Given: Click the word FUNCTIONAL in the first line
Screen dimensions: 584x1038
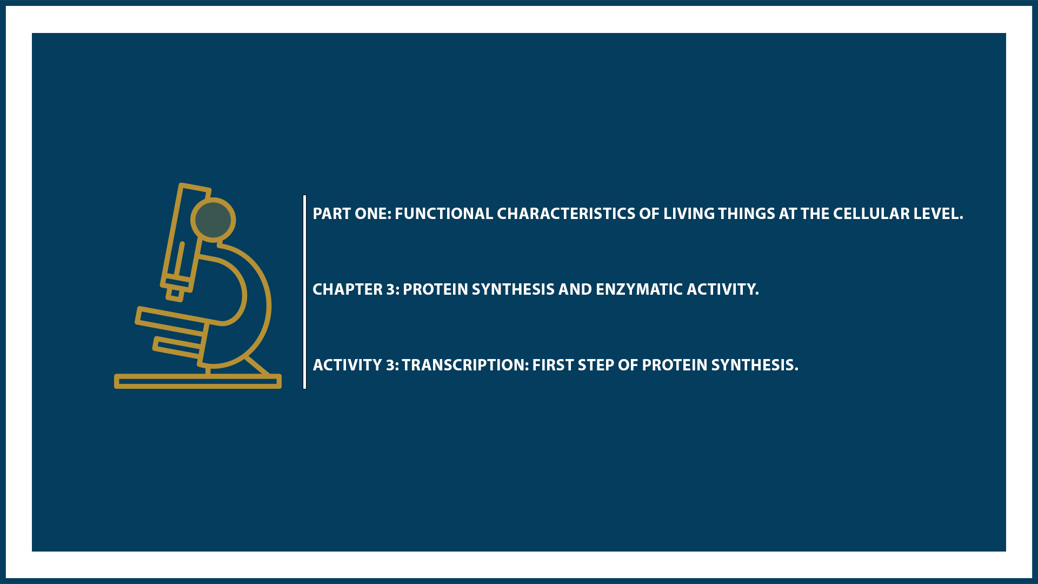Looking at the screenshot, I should pyautogui.click(x=443, y=214).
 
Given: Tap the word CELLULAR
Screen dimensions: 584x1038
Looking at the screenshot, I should pyautogui.click(x=871, y=214).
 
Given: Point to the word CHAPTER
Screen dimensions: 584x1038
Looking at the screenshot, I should pyautogui.click(x=348, y=289).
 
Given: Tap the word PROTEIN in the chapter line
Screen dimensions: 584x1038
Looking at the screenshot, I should pyautogui.click(x=435, y=289).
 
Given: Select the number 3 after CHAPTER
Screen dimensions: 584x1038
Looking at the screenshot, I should pyautogui.click(x=390, y=289).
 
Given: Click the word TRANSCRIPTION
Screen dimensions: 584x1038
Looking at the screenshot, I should pyautogui.click(x=464, y=365).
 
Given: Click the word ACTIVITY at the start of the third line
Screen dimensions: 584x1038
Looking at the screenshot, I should pyautogui.click(x=348, y=365).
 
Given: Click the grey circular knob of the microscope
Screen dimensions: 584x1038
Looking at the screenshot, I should pyautogui.click(x=213, y=220).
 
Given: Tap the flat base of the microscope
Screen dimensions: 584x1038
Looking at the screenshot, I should pyautogui.click(x=197, y=381).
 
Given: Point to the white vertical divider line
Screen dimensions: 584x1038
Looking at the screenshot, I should pyautogui.click(x=305, y=292).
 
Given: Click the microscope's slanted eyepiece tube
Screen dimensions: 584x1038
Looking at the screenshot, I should pyautogui.click(x=184, y=238).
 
